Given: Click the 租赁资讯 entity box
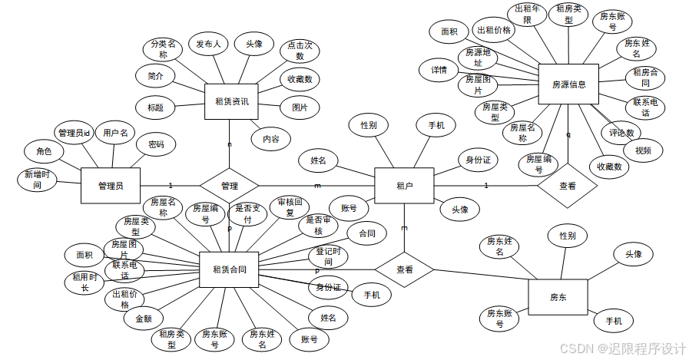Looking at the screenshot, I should (231, 101).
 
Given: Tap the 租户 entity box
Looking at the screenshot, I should (404, 185).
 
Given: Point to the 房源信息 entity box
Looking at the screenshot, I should (568, 84).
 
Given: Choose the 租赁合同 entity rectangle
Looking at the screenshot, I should (229, 269).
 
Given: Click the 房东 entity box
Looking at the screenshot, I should (558, 296).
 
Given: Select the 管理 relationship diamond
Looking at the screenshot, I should (229, 185).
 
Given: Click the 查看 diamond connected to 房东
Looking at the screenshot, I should (405, 269).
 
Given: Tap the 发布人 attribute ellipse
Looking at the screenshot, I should (208, 45).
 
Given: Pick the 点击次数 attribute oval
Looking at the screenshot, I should (300, 51).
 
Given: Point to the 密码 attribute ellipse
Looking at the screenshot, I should (155, 144).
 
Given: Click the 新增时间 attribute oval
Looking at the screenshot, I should (37, 180).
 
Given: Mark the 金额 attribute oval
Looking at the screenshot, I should (144, 318).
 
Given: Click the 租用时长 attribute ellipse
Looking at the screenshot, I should (85, 282).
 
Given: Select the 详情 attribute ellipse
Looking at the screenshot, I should (439, 69).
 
